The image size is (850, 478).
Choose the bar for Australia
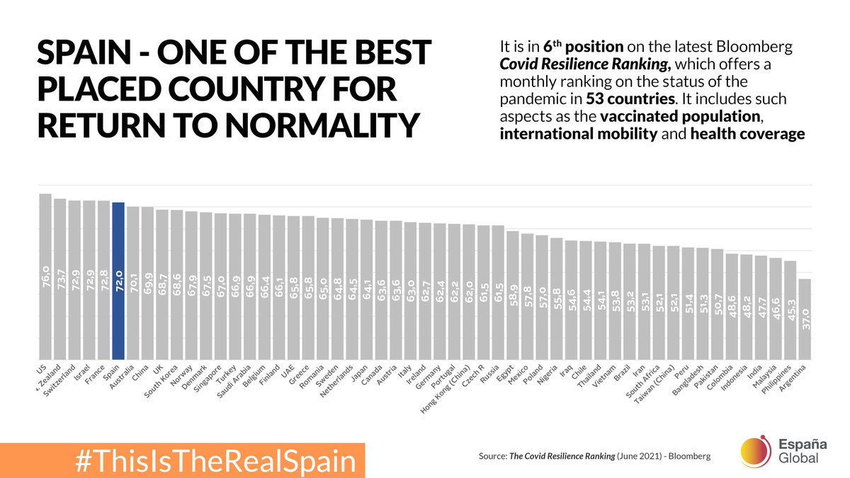(x=133, y=283)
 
